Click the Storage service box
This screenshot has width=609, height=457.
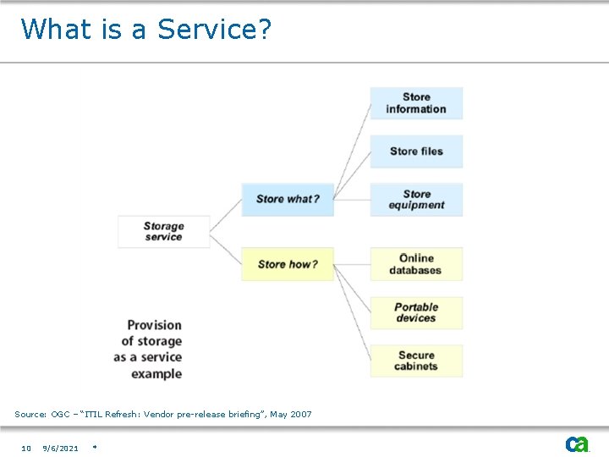pyautogui.click(x=163, y=231)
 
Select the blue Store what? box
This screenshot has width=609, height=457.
pyautogui.click(x=288, y=199)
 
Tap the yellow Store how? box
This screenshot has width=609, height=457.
pyautogui.click(x=288, y=264)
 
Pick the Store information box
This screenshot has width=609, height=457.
pyautogui.click(x=416, y=103)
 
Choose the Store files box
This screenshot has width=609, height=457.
pyautogui.click(x=416, y=151)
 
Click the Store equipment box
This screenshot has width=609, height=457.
pyautogui.click(x=416, y=200)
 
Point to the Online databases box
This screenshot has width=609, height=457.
pyautogui.click(x=416, y=264)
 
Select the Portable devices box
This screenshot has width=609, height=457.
pyautogui.click(x=416, y=312)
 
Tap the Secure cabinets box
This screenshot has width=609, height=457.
pyautogui.click(x=416, y=361)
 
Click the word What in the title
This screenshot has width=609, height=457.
pyautogui.click(x=56, y=30)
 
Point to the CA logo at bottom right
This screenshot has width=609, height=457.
pyautogui.click(x=577, y=444)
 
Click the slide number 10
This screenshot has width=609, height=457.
pyautogui.click(x=26, y=449)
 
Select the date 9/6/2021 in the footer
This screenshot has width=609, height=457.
pyautogui.click(x=60, y=449)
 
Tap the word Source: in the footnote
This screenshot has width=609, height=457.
pyautogui.click(x=30, y=415)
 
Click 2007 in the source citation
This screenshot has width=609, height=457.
pyautogui.click(x=301, y=415)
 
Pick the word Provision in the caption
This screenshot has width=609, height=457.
pyautogui.click(x=154, y=325)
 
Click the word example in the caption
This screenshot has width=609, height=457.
pyautogui.click(x=156, y=374)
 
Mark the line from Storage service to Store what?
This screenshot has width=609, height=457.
pyautogui.click(x=226, y=215)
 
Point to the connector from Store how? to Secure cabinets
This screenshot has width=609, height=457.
pyautogui.click(x=353, y=312)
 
